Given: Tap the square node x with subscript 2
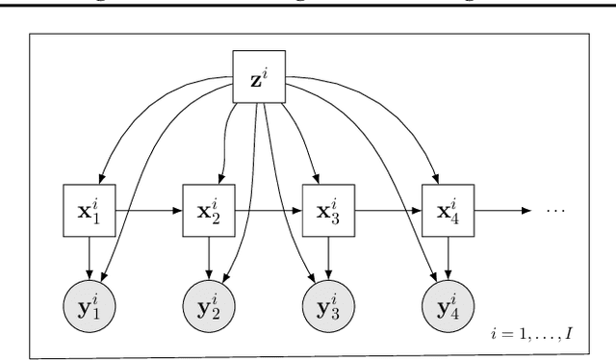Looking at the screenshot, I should (209, 208).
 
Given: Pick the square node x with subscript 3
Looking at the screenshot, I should (328, 208).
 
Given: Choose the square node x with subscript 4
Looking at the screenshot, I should (449, 208).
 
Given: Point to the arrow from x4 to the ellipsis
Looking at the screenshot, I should (506, 209).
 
